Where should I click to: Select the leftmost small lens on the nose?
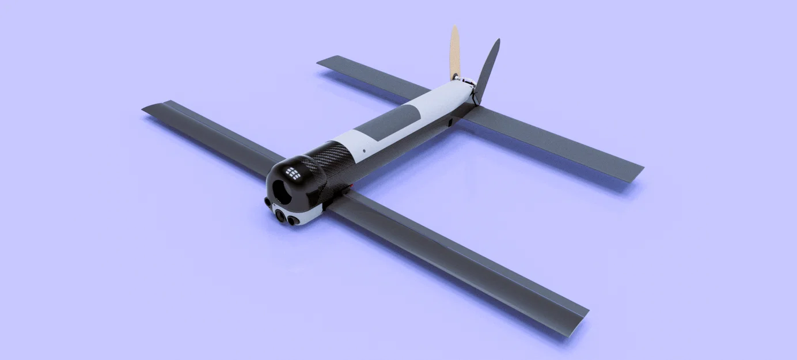[x=268, y=202]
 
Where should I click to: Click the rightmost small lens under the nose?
[x=294, y=220]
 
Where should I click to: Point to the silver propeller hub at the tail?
[x=456, y=77]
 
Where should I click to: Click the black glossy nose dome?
[x=288, y=179]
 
